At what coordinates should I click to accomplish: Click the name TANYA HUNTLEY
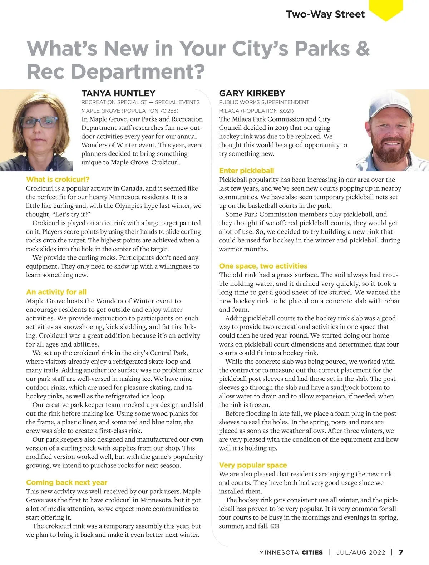(x=118, y=93)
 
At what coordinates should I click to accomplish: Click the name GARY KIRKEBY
(x=252, y=93)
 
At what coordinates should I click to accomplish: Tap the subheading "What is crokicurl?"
(x=58, y=180)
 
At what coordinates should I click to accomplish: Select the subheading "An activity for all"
(x=56, y=292)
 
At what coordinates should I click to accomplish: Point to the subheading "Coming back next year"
(x=66, y=482)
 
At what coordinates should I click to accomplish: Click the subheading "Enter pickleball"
(x=246, y=171)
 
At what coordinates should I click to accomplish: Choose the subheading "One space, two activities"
(x=263, y=266)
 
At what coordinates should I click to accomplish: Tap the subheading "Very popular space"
(x=253, y=465)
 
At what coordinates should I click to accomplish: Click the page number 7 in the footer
(x=401, y=552)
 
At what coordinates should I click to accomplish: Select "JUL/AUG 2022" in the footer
(x=361, y=552)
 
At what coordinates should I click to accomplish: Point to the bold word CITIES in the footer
(x=312, y=552)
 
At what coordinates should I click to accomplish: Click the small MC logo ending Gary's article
(x=275, y=526)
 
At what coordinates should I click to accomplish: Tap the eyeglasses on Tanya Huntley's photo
(x=39, y=122)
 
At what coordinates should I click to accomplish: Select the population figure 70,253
(x=167, y=111)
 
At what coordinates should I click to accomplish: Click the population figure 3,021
(x=285, y=111)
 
